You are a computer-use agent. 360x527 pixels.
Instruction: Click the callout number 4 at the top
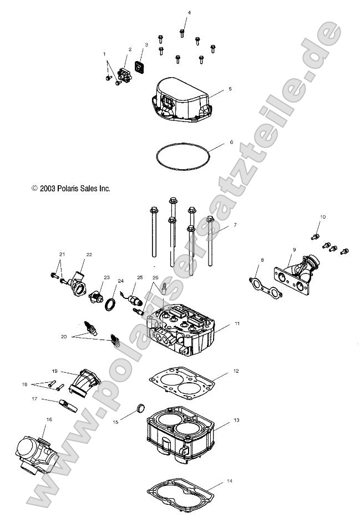[189, 12]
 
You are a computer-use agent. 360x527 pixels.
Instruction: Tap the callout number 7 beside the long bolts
[235, 225]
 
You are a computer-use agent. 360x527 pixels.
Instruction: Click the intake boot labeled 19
[86, 383]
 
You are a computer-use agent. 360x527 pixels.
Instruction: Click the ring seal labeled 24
[110, 304]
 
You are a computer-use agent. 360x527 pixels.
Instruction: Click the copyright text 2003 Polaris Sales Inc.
[71, 189]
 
